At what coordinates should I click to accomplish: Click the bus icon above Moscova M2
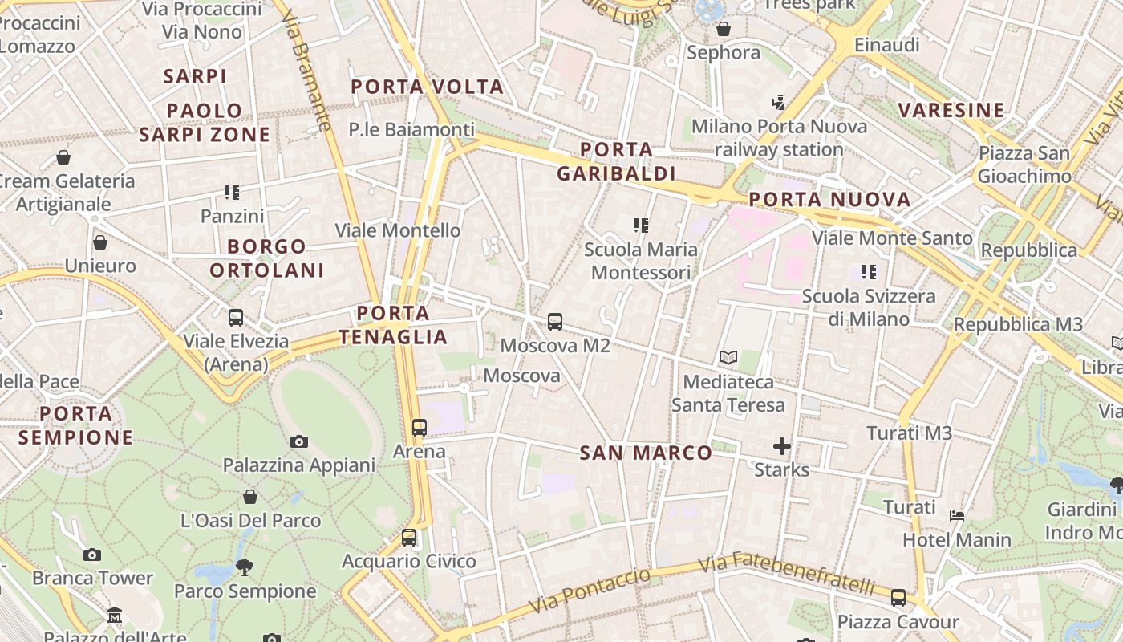555,322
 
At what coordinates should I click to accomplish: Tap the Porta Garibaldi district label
616,161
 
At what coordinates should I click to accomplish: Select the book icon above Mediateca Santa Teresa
728,358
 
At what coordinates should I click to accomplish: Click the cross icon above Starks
782,446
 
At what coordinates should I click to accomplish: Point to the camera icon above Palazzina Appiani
299,441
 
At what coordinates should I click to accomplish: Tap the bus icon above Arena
420,428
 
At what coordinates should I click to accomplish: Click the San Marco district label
646,453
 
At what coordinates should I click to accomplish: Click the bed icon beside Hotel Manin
956,515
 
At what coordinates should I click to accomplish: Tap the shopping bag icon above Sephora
724,30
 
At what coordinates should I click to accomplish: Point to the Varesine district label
951,110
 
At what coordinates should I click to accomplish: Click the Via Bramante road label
308,75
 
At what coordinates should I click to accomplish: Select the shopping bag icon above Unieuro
100,242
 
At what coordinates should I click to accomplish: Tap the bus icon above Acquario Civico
409,538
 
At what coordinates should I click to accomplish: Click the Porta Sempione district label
75,425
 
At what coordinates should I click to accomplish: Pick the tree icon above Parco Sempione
245,567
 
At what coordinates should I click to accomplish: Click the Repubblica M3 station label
1018,325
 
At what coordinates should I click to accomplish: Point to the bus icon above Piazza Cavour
898,598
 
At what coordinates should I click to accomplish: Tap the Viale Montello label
398,230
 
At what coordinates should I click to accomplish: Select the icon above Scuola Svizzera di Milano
869,272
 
